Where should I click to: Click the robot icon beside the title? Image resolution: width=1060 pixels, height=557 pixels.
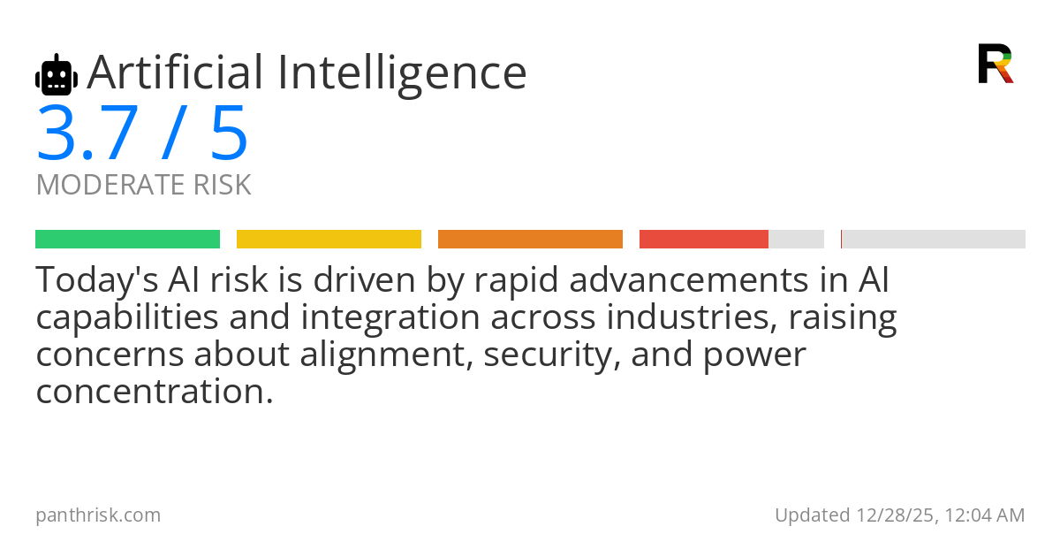(57, 75)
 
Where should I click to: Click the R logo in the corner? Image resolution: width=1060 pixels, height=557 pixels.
(995, 64)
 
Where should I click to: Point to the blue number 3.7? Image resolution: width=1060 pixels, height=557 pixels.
(87, 134)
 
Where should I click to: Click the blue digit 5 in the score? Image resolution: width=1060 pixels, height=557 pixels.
(229, 134)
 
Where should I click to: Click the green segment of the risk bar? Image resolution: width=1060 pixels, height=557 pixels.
(127, 240)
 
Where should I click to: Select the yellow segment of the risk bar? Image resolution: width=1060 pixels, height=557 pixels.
(329, 240)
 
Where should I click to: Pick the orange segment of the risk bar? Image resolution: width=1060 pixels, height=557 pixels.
(530, 240)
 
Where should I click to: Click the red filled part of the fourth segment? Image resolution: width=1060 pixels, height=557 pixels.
(704, 240)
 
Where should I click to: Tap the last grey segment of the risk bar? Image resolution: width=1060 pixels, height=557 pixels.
(934, 240)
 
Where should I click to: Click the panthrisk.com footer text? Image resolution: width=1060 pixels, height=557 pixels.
(98, 515)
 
